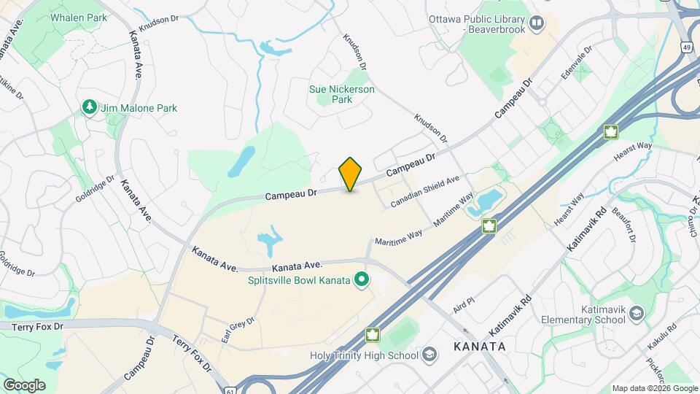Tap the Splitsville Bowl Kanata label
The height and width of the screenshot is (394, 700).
coord(289,280)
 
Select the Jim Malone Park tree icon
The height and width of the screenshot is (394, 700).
coord(90,108)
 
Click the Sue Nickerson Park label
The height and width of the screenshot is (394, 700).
coord(342,94)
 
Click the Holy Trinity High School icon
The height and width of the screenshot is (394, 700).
coord(430,355)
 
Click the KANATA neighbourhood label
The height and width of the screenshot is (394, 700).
coord(478,347)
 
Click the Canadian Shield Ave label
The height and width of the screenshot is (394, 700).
coord(425,190)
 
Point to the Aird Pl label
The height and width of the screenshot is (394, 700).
coord(463,305)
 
